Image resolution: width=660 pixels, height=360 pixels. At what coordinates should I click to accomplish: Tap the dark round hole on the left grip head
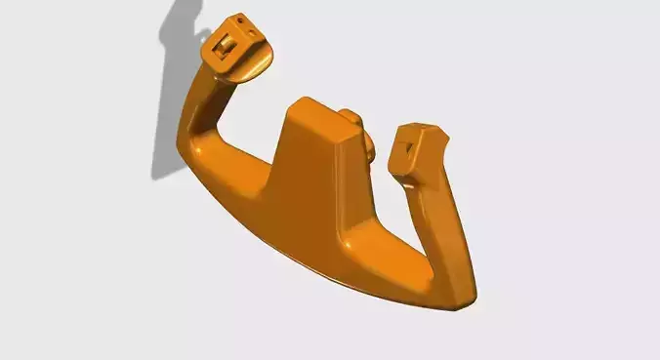tap(240, 20)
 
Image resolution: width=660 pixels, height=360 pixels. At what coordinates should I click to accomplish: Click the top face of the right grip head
tap(421, 130)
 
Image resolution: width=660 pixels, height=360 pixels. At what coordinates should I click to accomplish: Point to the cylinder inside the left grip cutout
tap(227, 44)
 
